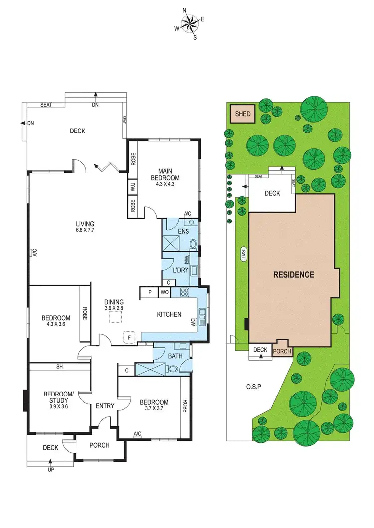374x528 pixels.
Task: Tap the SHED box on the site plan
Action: point(243,114)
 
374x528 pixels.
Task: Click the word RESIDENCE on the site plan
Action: point(293,274)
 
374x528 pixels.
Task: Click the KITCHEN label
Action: point(169,314)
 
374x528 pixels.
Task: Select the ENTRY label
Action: point(105,406)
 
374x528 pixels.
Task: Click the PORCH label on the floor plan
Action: point(99,445)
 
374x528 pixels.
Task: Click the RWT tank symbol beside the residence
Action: point(244,254)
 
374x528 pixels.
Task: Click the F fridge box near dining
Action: point(130,338)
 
